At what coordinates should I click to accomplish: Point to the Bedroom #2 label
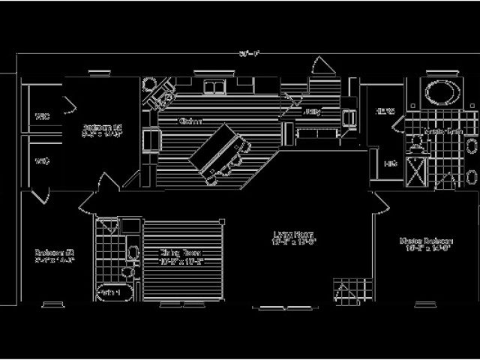coord(53,256)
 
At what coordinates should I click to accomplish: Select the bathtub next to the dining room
coord(112,290)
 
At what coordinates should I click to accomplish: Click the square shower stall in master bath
coord(414,170)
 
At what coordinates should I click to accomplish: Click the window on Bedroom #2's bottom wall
coord(52,304)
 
